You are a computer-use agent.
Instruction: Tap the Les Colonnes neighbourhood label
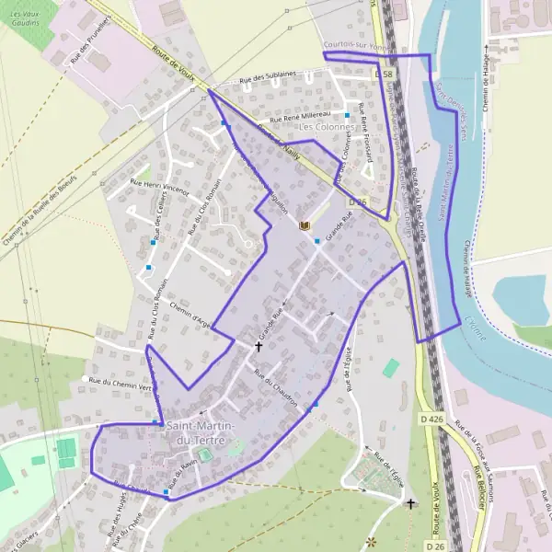coord(326,126)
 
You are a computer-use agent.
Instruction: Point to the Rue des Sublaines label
coord(268,80)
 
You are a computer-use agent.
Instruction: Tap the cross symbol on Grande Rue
coord(259,346)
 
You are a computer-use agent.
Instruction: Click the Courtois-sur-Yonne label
coord(350,45)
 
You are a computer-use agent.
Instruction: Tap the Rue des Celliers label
coord(161,219)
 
